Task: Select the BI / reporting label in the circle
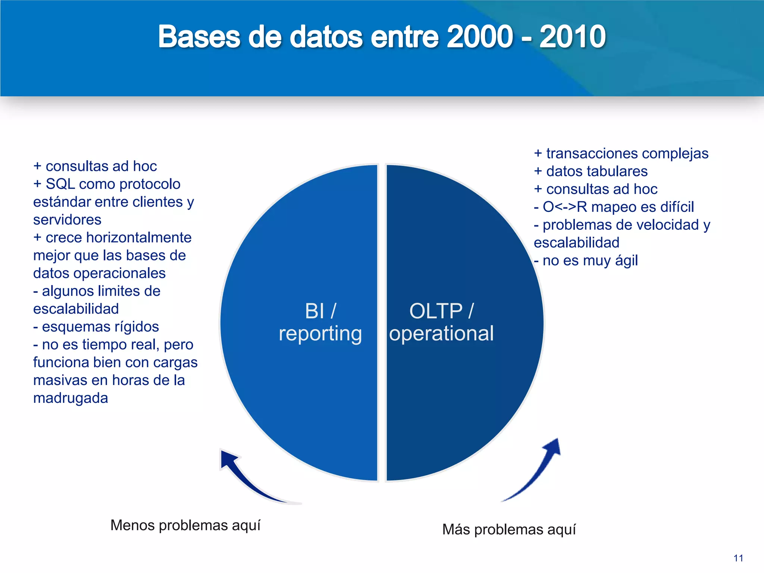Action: (320, 322)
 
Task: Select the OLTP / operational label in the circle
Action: (441, 322)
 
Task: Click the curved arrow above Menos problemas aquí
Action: (254, 479)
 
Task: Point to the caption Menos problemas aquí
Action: (185, 525)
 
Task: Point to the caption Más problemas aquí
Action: (509, 530)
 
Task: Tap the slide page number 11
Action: (738, 558)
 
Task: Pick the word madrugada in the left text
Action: (71, 398)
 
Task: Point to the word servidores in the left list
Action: (67, 220)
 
